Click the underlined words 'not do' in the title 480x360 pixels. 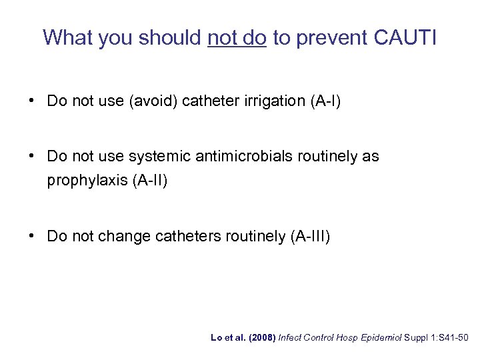pyautogui.click(x=237, y=37)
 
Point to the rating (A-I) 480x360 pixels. pyautogui.click(x=323, y=102)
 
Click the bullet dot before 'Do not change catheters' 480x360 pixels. pyautogui.click(x=32, y=236)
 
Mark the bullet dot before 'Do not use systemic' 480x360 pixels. pyautogui.click(x=32, y=157)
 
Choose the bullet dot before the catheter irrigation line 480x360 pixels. pyautogui.click(x=32, y=102)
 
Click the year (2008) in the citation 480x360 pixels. pyautogui.click(x=261, y=338)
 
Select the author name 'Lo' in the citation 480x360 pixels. pyautogui.click(x=215, y=338)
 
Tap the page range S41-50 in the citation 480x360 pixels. pyautogui.click(x=455, y=338)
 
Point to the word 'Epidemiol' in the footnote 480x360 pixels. pyautogui.click(x=378, y=338)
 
